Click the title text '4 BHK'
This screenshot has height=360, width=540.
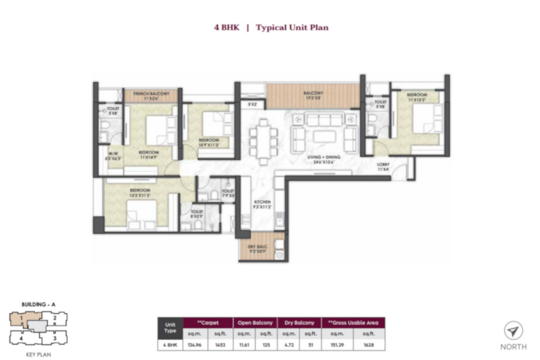[226, 27]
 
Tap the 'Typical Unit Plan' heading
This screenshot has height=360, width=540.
[292, 27]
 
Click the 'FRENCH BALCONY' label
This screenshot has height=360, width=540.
[152, 94]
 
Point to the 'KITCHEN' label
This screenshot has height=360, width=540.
[263, 203]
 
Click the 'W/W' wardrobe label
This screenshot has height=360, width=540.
[114, 154]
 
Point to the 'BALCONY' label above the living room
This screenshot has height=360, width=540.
[313, 94]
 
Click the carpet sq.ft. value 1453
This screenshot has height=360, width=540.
[219, 345]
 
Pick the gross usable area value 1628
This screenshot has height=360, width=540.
[369, 345]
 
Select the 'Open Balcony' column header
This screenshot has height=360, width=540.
[255, 323]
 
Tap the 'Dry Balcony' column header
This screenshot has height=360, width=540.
[300, 323]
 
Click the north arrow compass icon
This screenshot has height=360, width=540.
[513, 331]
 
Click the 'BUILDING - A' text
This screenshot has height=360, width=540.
[37, 304]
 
